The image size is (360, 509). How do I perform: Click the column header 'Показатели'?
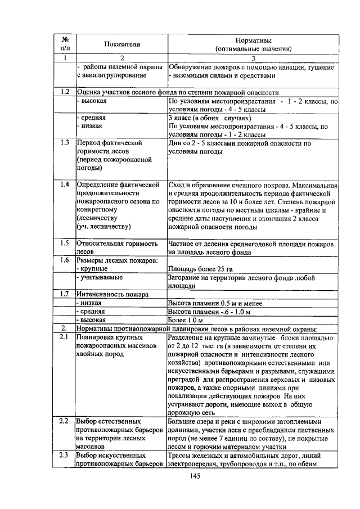click(121, 44)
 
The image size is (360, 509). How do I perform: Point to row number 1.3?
click(65, 143)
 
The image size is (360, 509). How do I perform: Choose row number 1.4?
click(65, 184)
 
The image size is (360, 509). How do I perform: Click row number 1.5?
click(65, 244)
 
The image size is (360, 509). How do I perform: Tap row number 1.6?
click(65, 260)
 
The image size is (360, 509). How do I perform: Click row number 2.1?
click(65, 337)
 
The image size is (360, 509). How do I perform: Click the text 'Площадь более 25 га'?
click(201, 269)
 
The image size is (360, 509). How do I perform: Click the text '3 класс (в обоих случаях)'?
click(208, 118)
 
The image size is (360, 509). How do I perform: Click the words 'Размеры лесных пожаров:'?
click(117, 260)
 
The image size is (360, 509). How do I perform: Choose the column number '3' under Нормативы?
click(254, 58)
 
